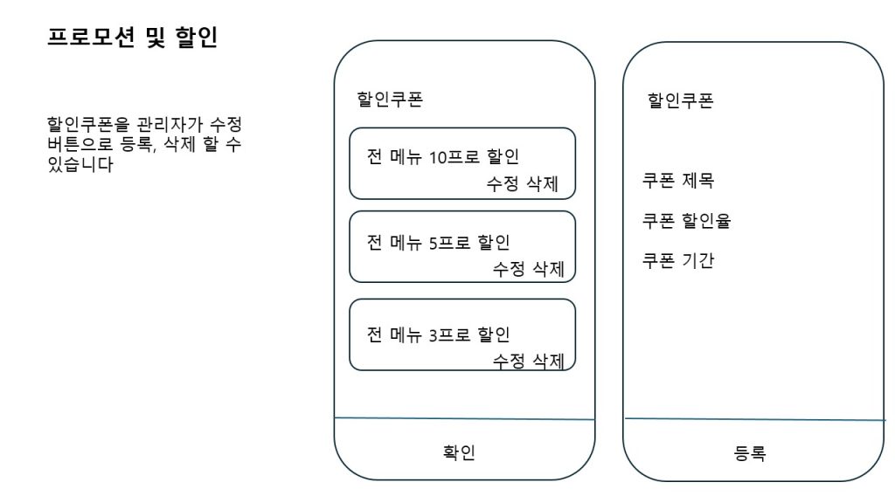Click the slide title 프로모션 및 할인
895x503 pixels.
132,38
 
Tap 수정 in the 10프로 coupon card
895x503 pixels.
503,183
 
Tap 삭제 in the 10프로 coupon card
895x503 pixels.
542,183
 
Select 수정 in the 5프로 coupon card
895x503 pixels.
509,269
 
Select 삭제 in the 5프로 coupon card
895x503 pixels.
548,269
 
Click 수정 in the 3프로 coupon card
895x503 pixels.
509,361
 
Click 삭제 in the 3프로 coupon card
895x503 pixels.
548,361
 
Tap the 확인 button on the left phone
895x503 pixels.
459,452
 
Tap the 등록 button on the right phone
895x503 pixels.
749,453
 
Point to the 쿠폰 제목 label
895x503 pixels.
678,181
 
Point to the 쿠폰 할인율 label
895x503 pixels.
687,221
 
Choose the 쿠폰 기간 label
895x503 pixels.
678,260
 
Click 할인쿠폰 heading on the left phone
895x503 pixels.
390,100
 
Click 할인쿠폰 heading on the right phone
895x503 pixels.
680,100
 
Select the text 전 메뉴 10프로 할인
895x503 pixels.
443,156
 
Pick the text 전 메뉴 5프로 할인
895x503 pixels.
439,243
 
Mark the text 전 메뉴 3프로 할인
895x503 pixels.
439,334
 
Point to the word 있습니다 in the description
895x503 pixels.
80,164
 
